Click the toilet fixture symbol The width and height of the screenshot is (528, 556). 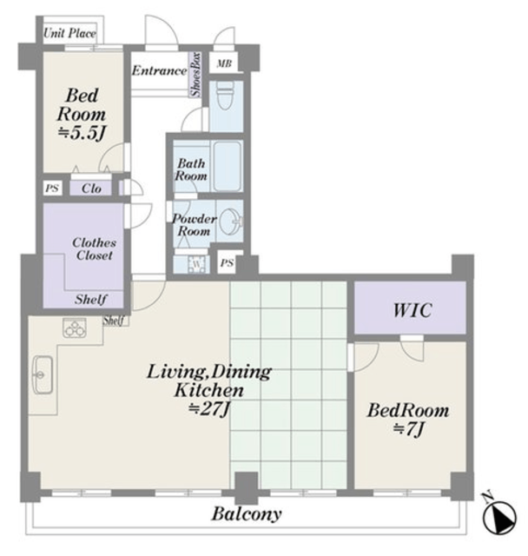225,96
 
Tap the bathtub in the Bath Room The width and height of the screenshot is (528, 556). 228,166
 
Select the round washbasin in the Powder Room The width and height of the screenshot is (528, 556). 230,222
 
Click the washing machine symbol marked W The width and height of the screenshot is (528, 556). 196,264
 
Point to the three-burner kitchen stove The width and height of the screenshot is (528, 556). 75,328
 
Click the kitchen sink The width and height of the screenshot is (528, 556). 43,374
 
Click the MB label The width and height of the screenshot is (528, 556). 224,63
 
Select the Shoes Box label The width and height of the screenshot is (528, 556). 195,75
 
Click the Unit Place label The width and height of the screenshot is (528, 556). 69,33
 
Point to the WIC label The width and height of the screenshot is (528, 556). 412,310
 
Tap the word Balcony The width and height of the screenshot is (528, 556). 247,513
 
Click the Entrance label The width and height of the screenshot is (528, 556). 159,70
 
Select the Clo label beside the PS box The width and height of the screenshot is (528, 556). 91,189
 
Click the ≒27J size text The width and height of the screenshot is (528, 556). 209,409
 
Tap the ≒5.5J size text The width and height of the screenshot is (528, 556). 82,133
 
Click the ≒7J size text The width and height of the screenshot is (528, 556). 408,429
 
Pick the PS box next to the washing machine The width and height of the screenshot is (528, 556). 227,262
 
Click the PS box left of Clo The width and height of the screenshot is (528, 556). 52,189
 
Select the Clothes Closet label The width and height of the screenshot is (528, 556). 95,248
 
